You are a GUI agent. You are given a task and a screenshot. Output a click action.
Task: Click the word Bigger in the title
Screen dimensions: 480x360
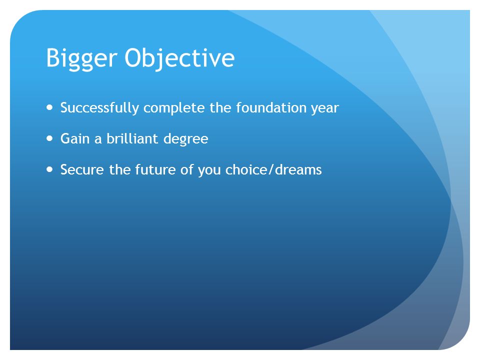(81, 58)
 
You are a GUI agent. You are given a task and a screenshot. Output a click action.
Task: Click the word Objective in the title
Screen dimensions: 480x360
(179, 58)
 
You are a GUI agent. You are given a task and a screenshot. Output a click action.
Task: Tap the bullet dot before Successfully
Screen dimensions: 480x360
(49, 107)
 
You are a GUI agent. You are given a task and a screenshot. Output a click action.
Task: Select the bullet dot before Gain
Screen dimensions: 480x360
(49, 138)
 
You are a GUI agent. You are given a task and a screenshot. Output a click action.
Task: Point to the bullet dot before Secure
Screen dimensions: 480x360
(49, 169)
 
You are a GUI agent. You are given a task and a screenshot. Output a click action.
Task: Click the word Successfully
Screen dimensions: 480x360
(100, 108)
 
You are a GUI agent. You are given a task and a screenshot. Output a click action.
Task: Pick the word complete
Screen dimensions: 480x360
(174, 108)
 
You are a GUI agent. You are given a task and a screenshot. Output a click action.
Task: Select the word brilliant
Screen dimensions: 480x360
(132, 138)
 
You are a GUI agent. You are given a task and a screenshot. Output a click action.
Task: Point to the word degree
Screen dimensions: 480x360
(186, 139)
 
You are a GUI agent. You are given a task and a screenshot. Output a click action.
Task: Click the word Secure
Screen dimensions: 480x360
(82, 169)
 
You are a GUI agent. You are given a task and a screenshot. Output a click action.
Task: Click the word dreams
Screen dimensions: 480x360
(298, 169)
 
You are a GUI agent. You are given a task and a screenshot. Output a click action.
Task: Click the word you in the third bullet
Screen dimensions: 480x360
(209, 171)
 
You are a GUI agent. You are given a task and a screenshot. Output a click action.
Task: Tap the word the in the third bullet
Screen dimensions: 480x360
(120, 169)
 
